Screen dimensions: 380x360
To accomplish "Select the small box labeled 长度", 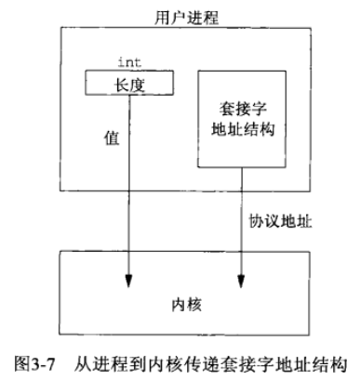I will tap(128, 84).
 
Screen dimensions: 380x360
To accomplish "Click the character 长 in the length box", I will tap(120, 84).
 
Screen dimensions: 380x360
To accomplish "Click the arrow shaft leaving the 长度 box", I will tap(129, 186).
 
